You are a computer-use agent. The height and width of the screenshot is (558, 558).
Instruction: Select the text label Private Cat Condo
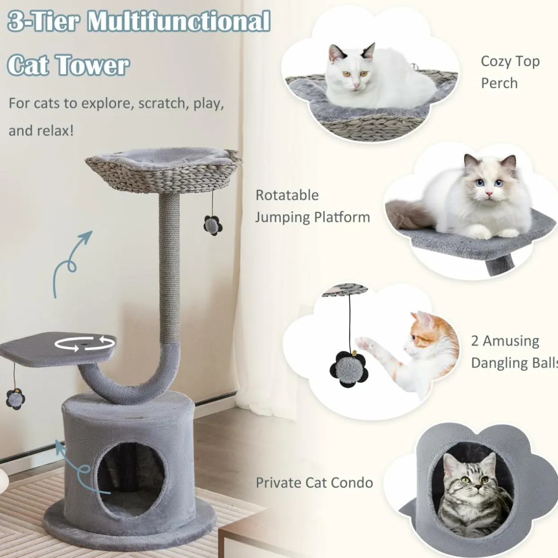[x=315, y=483]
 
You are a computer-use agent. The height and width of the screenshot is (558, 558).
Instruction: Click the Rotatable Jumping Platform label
[x=313, y=206]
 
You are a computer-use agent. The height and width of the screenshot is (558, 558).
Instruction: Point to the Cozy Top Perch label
[x=510, y=72]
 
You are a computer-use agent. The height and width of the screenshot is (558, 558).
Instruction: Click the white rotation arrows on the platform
[x=85, y=344]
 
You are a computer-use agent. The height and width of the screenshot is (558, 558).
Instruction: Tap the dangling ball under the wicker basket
[x=213, y=225]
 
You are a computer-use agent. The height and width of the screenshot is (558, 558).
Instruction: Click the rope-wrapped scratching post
[x=169, y=269]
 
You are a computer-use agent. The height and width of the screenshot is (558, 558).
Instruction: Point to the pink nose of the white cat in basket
[x=355, y=85]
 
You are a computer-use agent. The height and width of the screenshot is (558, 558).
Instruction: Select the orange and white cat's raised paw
[x=365, y=343]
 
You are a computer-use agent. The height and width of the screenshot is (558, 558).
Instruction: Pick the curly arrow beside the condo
[x=81, y=467]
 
